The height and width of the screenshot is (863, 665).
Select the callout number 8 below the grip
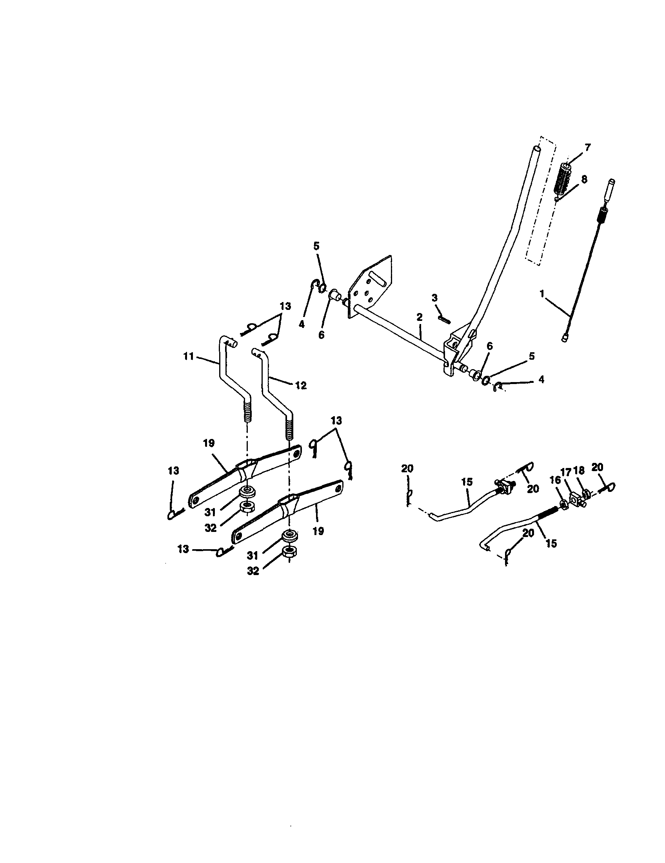point(584,179)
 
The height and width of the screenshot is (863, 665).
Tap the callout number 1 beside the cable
point(542,293)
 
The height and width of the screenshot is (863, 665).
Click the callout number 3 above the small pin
point(434,298)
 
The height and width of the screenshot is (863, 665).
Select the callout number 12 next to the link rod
point(301,385)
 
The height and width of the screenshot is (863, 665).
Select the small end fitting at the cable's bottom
point(564,337)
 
